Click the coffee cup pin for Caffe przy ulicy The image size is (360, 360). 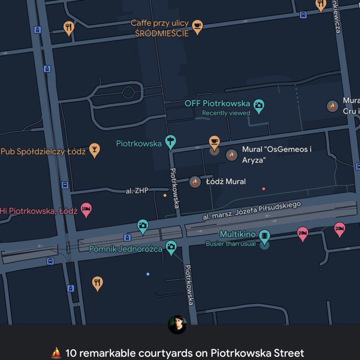click(198, 26)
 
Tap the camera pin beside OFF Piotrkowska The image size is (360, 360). click(259, 105)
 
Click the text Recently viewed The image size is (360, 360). click(226, 113)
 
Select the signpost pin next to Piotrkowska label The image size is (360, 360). click(171, 142)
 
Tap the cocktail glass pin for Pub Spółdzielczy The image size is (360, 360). click(94, 149)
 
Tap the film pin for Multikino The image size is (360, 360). click(264, 236)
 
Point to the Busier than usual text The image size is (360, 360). click(231, 244)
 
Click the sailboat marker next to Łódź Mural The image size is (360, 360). click(195, 182)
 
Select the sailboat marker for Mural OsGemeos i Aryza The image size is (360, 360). click(232, 155)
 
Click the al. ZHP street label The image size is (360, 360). click(137, 191)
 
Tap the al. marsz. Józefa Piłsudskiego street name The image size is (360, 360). click(252, 211)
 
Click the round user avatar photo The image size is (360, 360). click(178, 324)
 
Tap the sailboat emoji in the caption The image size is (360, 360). click(56, 352)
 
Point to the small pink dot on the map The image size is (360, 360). click(264, 189)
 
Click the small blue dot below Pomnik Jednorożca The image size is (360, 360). click(148, 274)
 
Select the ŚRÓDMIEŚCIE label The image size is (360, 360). click(162, 33)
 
